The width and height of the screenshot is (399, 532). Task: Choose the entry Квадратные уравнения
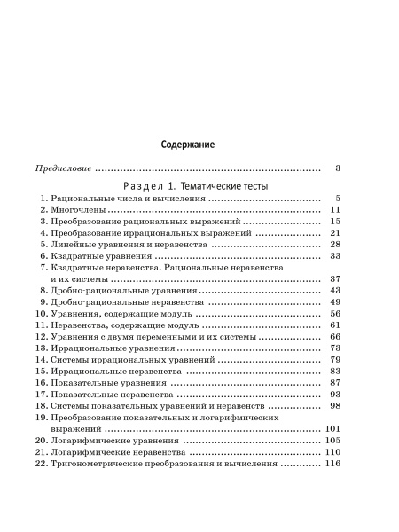click(101, 255)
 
